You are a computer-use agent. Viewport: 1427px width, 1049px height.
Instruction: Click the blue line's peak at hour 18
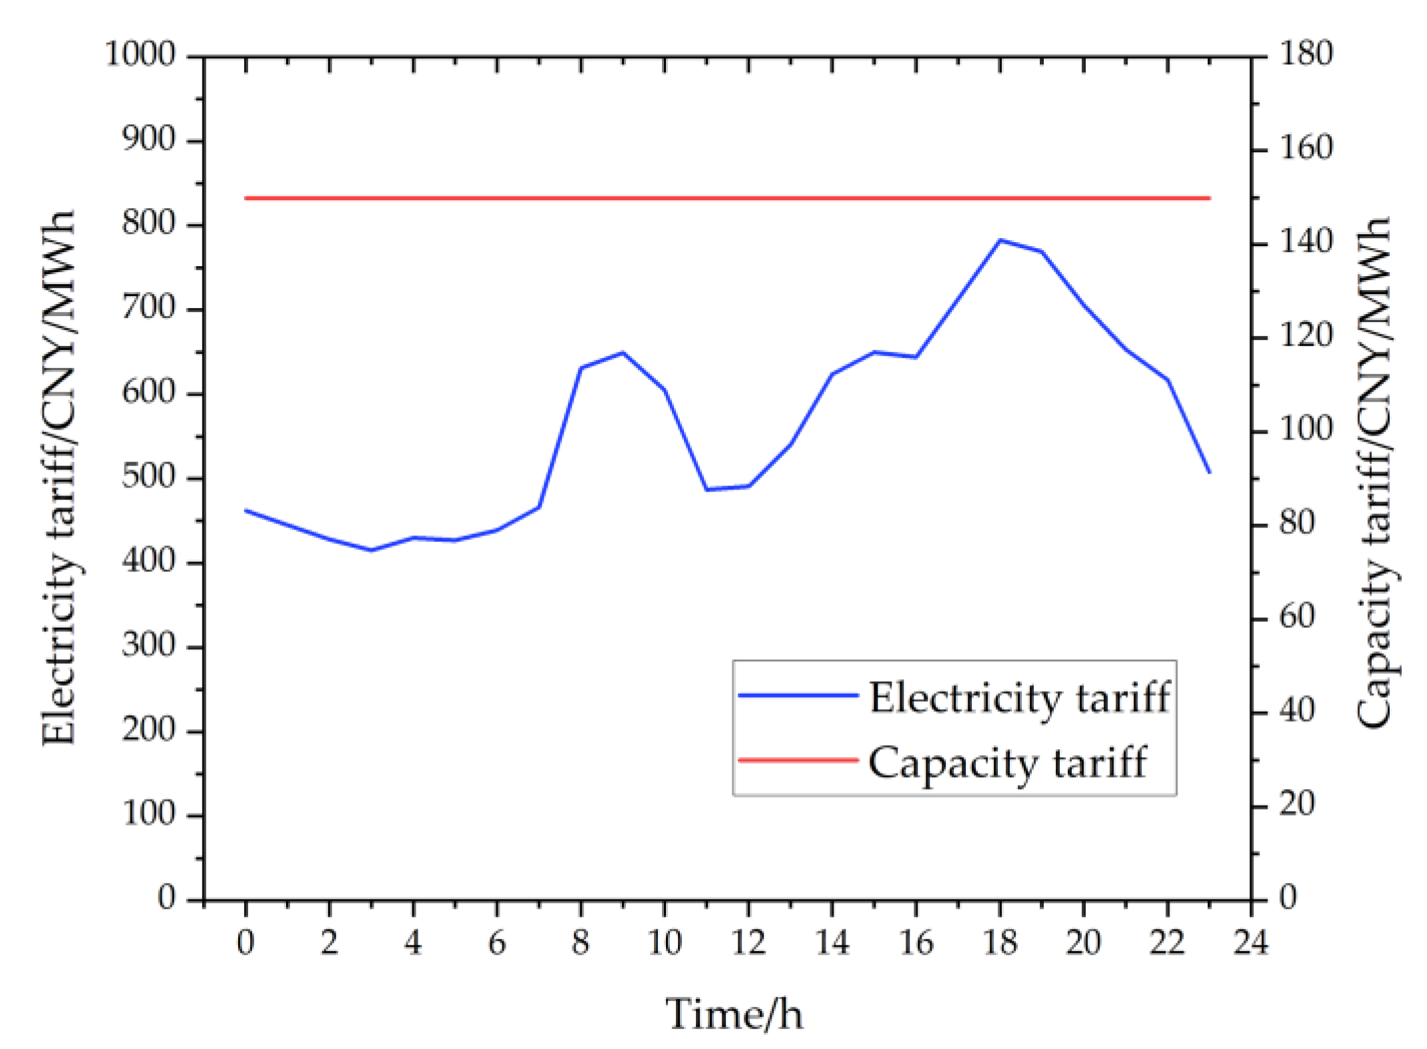1000,240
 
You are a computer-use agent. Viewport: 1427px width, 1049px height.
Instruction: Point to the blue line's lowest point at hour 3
371,550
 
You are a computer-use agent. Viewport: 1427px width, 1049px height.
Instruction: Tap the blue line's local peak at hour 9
623,353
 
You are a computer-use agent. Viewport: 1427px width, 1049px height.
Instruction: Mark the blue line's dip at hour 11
707,489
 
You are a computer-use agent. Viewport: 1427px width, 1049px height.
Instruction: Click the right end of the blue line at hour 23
1209,472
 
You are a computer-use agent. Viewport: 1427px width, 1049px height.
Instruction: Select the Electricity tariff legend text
1019,698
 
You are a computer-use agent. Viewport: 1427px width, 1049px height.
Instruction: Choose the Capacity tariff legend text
1007,762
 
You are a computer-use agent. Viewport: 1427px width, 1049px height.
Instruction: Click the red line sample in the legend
798,760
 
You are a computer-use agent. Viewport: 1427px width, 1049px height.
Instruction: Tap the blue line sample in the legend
798,695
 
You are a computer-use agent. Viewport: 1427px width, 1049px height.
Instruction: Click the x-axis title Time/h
734,1014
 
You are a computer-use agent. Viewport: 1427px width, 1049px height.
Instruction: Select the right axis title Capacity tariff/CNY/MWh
1374,472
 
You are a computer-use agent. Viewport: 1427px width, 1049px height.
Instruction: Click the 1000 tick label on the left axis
140,54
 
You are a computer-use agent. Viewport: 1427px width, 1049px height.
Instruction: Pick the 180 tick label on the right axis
1306,53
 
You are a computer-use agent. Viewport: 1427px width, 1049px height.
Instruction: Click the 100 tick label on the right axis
1306,429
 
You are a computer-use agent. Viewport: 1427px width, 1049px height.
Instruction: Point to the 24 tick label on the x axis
1251,943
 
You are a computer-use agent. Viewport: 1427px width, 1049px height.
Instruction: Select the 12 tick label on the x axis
748,943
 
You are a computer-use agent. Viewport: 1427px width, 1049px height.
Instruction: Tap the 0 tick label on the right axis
1288,897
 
